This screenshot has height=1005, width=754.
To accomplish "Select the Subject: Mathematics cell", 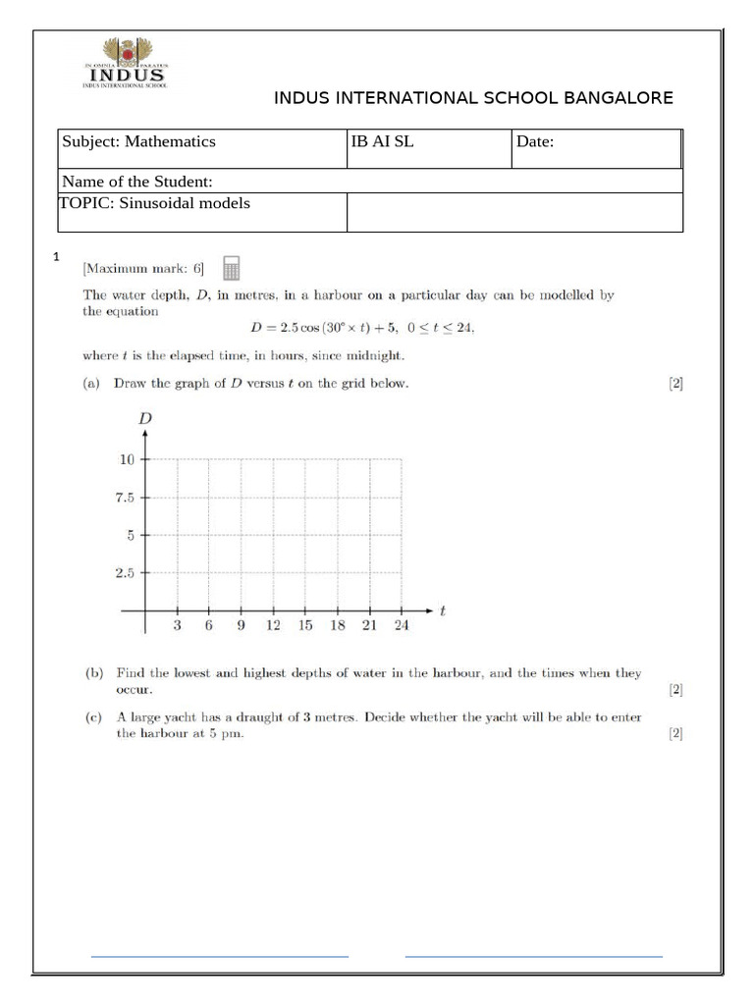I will (139, 141).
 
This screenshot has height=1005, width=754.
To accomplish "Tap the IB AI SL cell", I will (382, 141).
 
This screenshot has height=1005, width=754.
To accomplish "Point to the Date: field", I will (536, 141).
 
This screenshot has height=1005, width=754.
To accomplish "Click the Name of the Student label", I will (136, 182).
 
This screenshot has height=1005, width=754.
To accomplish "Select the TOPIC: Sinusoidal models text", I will (156, 203).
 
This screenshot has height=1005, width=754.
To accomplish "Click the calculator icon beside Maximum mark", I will (232, 268).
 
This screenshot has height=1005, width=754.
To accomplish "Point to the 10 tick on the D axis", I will (127, 458).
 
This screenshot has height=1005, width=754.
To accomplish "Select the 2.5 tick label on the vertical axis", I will (125, 573).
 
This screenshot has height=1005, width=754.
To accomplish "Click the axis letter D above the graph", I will (145, 419).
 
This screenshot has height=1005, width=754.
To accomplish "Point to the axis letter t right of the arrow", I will (443, 610).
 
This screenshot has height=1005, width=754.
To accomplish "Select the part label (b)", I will (94, 673).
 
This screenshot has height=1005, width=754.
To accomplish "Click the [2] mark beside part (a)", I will (675, 385).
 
